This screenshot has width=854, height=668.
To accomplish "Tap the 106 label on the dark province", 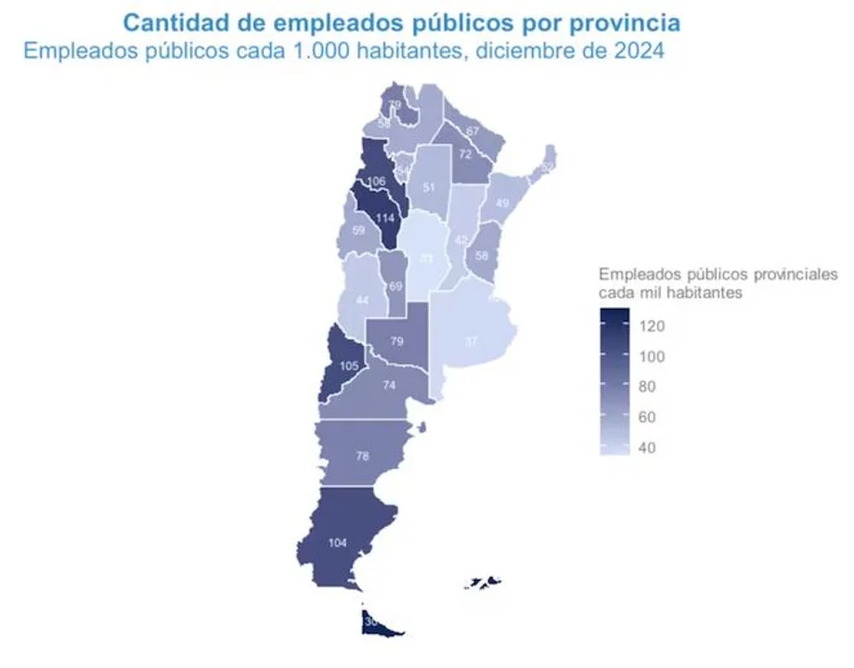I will [376, 181].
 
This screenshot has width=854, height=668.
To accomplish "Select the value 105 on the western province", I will [349, 366].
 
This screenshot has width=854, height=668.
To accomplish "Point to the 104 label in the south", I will [338, 543].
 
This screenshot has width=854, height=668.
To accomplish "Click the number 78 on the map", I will [364, 456].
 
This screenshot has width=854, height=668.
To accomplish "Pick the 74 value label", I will [387, 385].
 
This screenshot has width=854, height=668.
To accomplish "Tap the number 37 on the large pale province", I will [472, 340].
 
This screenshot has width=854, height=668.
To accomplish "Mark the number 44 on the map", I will [361, 300].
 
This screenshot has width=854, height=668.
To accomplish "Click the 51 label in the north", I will [428, 187].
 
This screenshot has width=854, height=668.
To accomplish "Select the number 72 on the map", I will [465, 153].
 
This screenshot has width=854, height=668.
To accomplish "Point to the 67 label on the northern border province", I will [472, 131].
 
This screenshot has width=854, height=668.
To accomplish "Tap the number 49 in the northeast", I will [503, 203].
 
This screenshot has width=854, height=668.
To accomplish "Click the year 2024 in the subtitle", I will [639, 51].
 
